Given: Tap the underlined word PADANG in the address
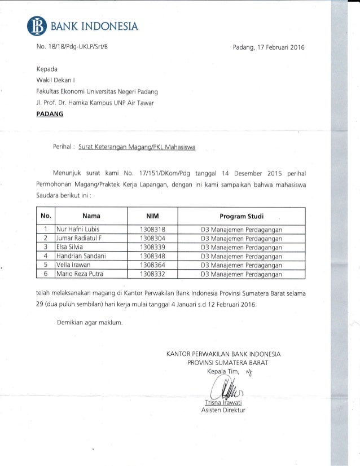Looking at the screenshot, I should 50,114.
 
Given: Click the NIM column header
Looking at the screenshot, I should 152,215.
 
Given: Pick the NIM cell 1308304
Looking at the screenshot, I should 152,239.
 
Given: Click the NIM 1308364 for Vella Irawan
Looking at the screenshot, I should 152,265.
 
